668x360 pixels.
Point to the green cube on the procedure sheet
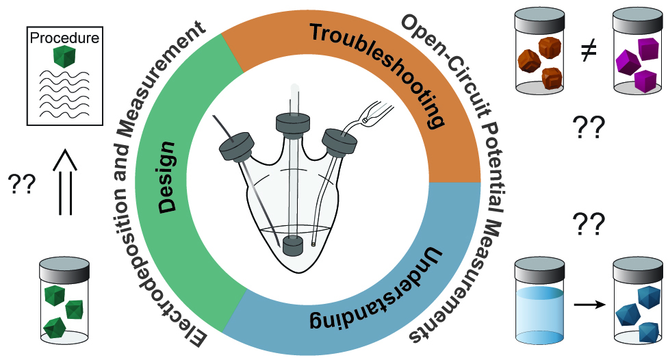coord(66,57)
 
